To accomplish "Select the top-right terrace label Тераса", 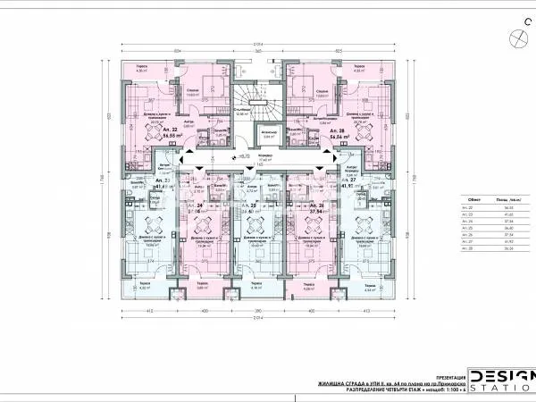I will [357, 66].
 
